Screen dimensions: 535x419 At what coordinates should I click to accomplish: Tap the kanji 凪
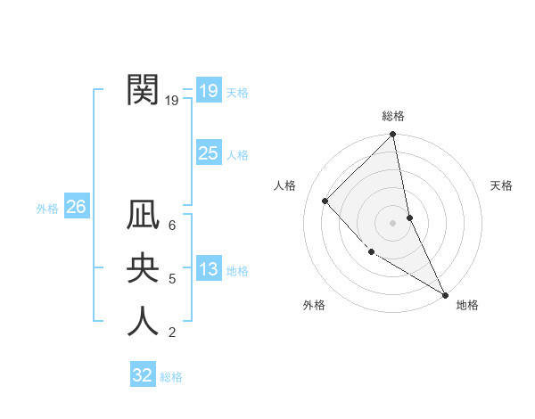coord(143,217)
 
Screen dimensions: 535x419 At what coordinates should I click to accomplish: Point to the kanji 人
coord(143,321)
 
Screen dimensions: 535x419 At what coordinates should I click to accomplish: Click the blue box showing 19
coord(208,91)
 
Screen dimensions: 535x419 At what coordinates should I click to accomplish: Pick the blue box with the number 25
coord(208,153)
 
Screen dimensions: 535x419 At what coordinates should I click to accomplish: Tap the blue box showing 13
coord(208,269)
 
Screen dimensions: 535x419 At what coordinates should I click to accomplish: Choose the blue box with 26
coord(76,207)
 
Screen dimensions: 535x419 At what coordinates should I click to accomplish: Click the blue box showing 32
coord(142,374)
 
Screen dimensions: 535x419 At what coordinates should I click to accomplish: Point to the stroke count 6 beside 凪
coord(172,226)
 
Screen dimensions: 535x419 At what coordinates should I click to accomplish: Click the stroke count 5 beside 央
coord(172,279)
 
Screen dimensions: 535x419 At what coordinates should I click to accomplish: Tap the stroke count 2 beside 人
coord(172,333)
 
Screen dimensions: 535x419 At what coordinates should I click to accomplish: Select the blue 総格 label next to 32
coord(171,376)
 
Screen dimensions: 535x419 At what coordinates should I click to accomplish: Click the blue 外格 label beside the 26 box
coord(47,209)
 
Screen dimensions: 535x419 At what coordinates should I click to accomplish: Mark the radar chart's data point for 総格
coord(393,135)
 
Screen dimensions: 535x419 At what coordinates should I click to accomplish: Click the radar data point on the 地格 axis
coord(444,294)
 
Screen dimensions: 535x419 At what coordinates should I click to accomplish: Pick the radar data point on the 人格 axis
coord(325,201)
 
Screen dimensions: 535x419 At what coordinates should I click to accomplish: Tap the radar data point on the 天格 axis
coord(409,218)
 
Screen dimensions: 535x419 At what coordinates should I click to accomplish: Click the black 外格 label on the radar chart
coord(314,305)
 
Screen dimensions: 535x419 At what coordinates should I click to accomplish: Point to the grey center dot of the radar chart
coord(393,223)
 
